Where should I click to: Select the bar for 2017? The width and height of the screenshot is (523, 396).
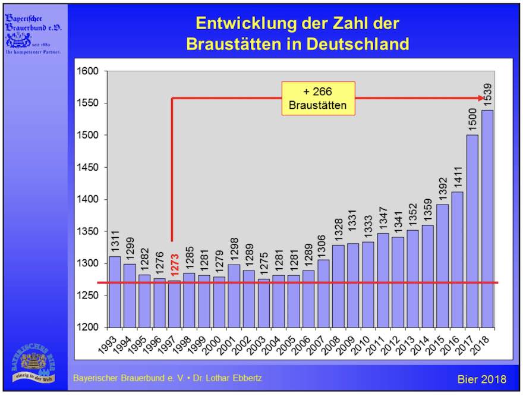click(472, 231)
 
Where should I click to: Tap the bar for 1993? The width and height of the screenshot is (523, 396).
click(115, 291)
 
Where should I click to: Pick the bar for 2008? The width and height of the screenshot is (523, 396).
click(338, 286)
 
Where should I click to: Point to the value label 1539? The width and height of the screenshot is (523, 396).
click(488, 96)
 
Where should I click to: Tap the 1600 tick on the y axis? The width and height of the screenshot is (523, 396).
click(87, 71)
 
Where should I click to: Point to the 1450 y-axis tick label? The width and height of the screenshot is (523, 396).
click(87, 167)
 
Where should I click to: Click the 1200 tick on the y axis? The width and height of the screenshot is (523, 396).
click(87, 328)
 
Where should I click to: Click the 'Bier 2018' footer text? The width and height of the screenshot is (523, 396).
click(481, 379)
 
